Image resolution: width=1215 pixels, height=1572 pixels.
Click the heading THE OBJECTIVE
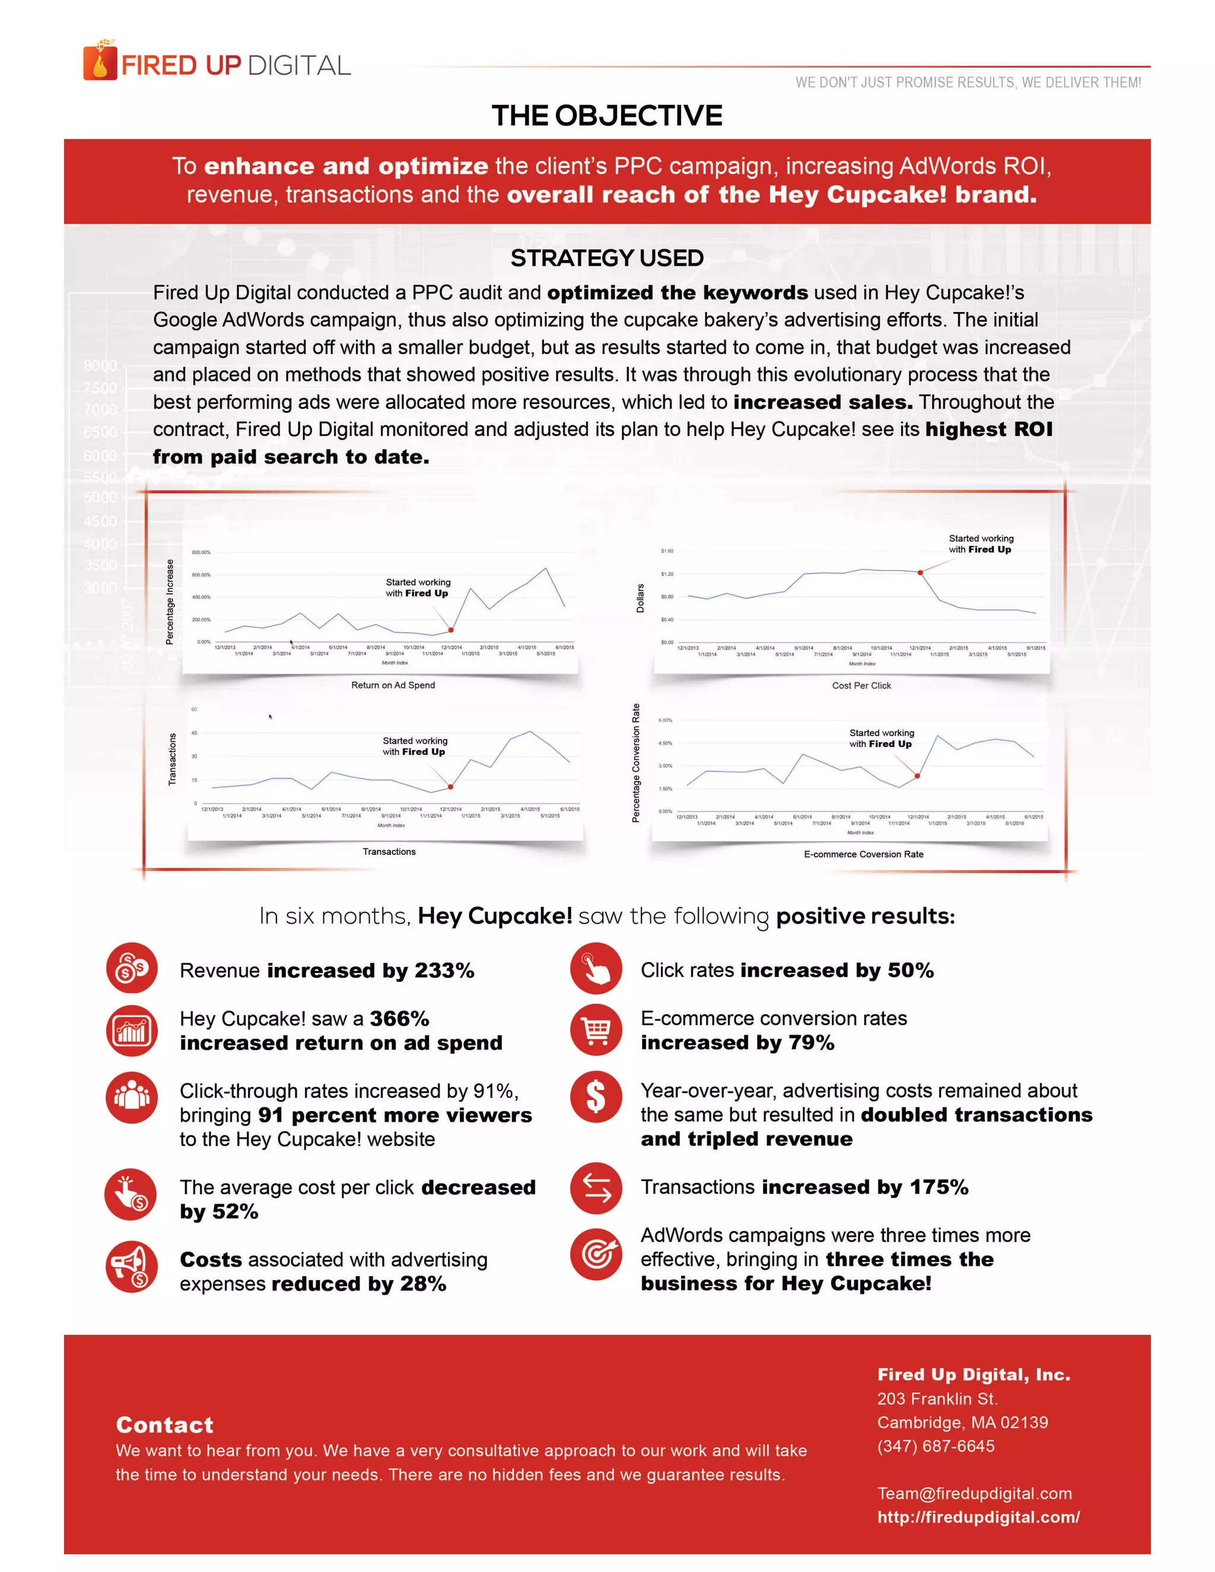pyautogui.click(x=607, y=116)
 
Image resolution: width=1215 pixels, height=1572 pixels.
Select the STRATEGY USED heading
pyautogui.click(x=607, y=257)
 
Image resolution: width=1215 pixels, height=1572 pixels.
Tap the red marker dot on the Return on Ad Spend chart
pyautogui.click(x=451, y=630)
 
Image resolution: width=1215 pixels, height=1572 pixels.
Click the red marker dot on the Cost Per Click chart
pyautogui.click(x=920, y=572)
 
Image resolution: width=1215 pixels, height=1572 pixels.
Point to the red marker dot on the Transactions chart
pyautogui.click(x=451, y=787)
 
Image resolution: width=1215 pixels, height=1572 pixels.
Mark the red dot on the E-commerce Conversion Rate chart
pyautogui.click(x=917, y=776)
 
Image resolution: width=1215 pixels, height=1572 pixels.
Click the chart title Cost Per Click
pyautogui.click(x=861, y=685)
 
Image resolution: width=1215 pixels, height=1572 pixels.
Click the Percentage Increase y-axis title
pyautogui.click(x=170, y=602)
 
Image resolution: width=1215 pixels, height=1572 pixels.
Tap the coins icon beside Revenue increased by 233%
pyautogui.click(x=132, y=968)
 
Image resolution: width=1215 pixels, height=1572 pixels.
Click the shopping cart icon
pyautogui.click(x=596, y=1030)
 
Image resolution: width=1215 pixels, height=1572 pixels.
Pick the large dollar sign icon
pyautogui.click(x=596, y=1097)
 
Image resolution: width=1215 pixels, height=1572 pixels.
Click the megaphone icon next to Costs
pyautogui.click(x=132, y=1267)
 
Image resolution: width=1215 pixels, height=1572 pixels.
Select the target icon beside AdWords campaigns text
pyautogui.click(x=596, y=1254)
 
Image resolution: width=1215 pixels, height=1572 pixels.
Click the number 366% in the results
pyautogui.click(x=399, y=1019)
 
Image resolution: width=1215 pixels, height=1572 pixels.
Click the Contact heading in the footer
pyautogui.click(x=165, y=1424)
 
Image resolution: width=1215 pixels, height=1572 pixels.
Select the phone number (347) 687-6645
pyautogui.click(x=936, y=1446)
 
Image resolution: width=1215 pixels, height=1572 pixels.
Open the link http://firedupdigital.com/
pyautogui.click(x=978, y=1517)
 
